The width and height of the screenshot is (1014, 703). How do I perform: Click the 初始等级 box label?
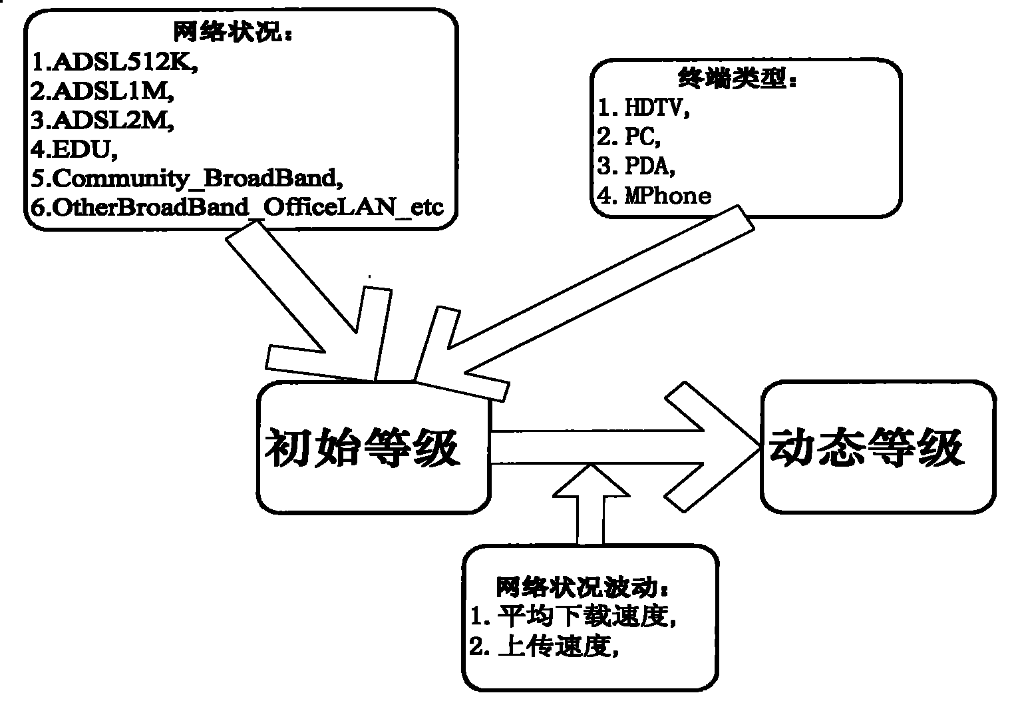pyautogui.click(x=362, y=447)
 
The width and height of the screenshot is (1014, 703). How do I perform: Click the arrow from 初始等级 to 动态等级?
pyautogui.click(x=625, y=447)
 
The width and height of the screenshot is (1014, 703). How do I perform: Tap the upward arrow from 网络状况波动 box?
pyautogui.click(x=591, y=504)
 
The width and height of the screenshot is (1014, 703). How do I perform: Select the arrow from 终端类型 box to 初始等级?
pyautogui.click(x=584, y=304)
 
